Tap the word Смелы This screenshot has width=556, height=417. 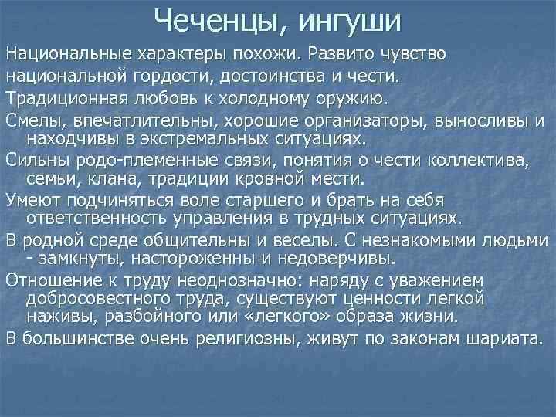33,119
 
